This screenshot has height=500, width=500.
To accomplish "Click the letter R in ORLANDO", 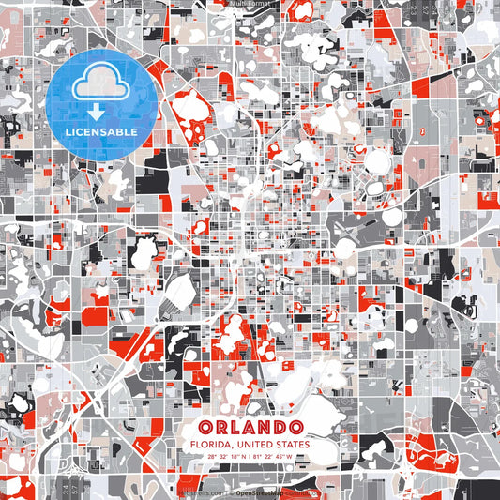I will point(222,427).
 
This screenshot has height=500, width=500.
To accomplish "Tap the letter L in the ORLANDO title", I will point(239,427).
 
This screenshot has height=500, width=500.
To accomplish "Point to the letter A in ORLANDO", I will point(255,427).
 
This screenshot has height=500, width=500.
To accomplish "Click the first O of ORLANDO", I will point(205,427).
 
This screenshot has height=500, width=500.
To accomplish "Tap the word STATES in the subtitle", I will point(295,444).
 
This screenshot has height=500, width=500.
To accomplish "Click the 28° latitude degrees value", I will point(213,457).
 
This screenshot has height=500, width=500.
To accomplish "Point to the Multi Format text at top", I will point(250,4).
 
